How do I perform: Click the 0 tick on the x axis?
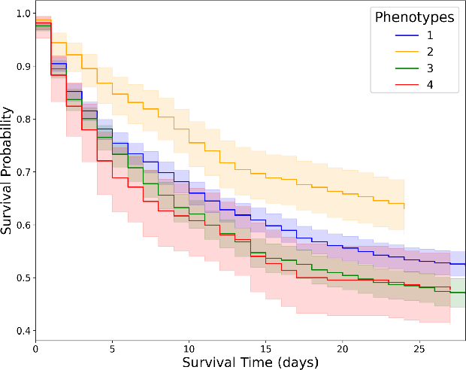point(35,349)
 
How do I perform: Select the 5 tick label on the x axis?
point(112,349)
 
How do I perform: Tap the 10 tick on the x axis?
point(189,349)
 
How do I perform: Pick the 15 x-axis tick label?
point(265,349)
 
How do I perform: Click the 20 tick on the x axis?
point(342,349)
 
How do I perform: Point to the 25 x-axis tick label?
point(419,349)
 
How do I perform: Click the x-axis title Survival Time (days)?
point(250,362)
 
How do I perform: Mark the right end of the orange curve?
point(404,205)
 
